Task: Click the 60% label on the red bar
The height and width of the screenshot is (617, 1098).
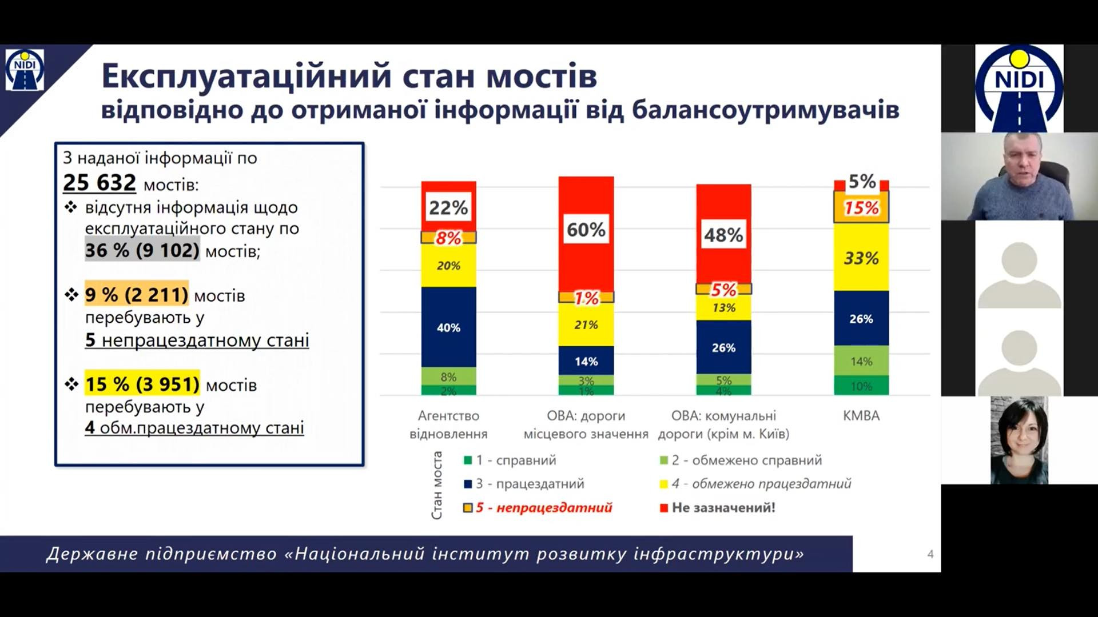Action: pos(586,230)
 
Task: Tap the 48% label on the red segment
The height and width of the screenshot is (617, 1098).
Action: pos(723,235)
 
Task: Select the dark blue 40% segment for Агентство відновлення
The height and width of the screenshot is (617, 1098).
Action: pos(448,327)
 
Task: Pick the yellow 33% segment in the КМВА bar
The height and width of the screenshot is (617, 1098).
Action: pos(861,258)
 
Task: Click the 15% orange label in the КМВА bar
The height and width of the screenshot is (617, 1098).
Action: pos(861,208)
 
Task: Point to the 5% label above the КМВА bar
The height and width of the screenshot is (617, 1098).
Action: pos(862,182)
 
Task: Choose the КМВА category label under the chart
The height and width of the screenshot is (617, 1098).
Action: pos(861,416)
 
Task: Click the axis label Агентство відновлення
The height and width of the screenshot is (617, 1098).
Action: pos(448,424)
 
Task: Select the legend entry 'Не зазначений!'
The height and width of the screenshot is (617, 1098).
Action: pos(723,507)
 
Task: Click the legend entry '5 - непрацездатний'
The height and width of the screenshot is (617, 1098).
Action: pos(543,507)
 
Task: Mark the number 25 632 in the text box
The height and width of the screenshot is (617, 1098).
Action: pos(100,183)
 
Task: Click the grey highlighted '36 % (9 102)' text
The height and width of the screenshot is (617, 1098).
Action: pos(142,250)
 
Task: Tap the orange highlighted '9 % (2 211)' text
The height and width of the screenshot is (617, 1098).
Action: pos(136,295)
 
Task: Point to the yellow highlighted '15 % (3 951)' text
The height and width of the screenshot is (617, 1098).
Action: pos(142,384)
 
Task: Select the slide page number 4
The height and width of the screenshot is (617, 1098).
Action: pos(930,554)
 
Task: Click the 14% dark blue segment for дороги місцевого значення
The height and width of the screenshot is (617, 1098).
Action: pos(586,361)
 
